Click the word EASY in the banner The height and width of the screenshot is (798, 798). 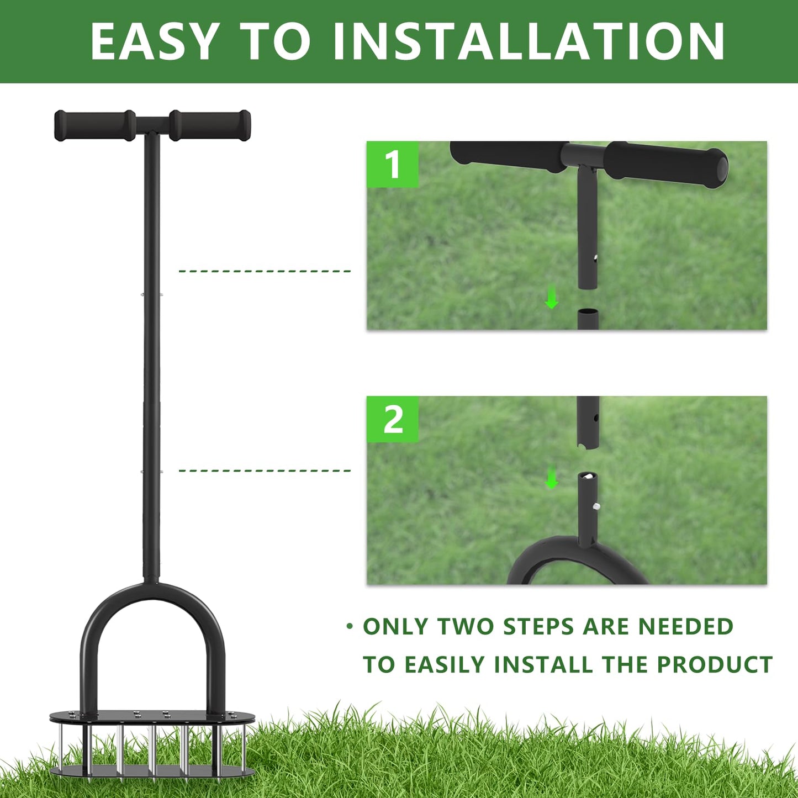tap(155, 41)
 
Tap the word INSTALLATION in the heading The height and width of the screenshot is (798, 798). tap(529, 41)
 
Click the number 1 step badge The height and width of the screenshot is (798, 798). tap(393, 165)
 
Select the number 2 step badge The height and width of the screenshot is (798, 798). tap(393, 420)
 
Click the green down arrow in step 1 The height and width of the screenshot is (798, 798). tap(551, 299)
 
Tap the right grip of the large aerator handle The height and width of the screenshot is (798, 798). tap(210, 125)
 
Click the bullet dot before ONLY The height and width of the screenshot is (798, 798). tap(349, 626)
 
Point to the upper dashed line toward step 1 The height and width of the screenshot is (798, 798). tap(265, 271)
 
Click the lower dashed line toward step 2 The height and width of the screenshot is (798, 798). tap(265, 471)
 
